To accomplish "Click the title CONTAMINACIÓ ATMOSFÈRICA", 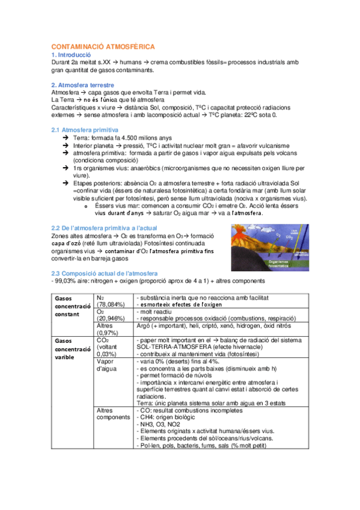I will [x=103, y=46].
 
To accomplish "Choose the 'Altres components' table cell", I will [x=113, y=414].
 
